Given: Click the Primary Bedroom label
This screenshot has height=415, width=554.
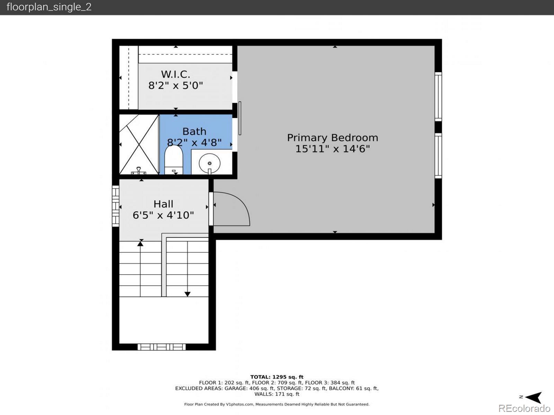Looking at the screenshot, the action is [332, 138].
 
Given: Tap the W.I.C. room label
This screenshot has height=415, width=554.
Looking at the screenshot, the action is [176, 74].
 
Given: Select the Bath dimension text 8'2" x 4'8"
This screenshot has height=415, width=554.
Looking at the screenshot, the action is [194, 142].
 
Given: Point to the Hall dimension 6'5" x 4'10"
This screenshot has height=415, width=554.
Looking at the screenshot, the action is [163, 215].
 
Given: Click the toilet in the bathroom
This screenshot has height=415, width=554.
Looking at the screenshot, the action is [174, 160].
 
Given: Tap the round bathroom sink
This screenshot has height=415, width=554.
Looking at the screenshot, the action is [209, 163].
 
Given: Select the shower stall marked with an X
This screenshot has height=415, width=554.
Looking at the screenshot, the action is [139, 144].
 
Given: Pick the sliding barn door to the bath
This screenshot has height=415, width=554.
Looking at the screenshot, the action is [240, 118].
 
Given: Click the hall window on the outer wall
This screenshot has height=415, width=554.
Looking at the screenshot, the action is [116, 206].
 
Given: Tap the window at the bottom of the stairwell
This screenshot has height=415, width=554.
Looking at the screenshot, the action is [162, 347].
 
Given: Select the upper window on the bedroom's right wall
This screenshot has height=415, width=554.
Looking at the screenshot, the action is [438, 97].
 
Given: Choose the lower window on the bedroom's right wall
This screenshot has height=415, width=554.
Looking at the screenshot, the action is [438, 156].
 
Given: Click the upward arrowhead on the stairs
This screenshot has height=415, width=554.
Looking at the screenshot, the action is [140, 244].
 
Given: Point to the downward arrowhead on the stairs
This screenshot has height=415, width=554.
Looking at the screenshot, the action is [187, 294].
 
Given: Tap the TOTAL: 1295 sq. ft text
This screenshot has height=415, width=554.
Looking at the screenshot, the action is [277, 377].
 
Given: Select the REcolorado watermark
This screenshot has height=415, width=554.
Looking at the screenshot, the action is [524, 408].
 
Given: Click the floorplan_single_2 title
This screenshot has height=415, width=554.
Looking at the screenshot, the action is [49, 7].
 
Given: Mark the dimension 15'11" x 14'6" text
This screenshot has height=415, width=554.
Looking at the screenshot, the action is [332, 149].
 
